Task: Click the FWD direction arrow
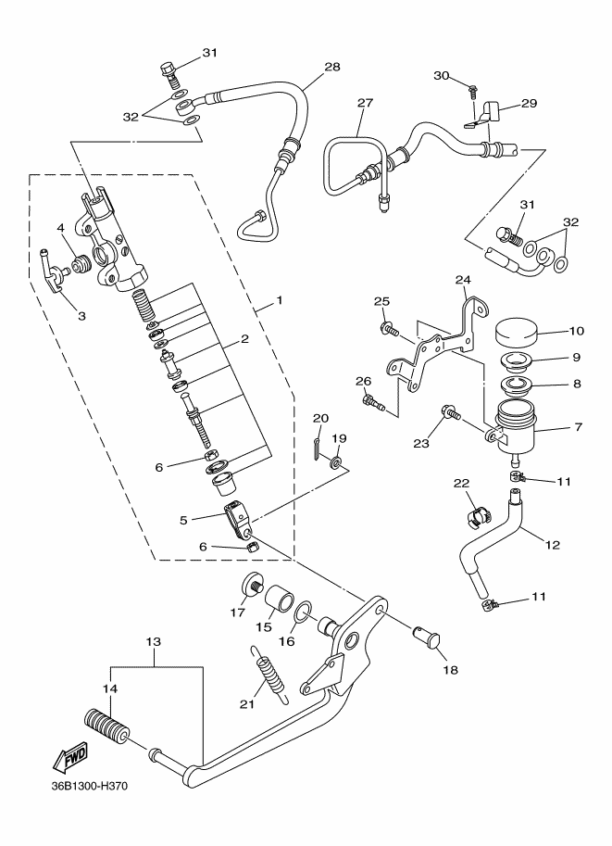pyautogui.click(x=70, y=760)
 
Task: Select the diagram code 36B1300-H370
pyautogui.click(x=90, y=802)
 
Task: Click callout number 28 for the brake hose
pyautogui.click(x=332, y=67)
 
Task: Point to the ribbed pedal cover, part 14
pyautogui.click(x=107, y=726)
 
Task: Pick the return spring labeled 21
pyautogui.click(x=269, y=674)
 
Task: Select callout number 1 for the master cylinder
pyautogui.click(x=280, y=300)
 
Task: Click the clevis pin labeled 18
pyautogui.click(x=427, y=638)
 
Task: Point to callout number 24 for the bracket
pyautogui.click(x=463, y=280)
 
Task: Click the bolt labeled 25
pyautogui.click(x=389, y=329)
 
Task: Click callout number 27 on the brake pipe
pyautogui.click(x=365, y=102)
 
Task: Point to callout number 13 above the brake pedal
pyautogui.click(x=153, y=641)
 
